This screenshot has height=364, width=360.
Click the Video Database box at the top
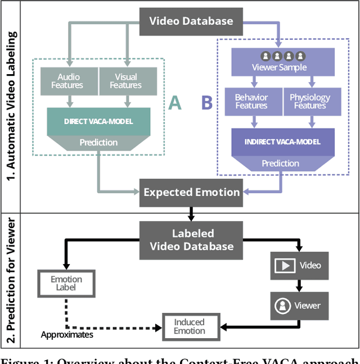coord(191,22)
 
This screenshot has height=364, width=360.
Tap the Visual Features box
coord(125,81)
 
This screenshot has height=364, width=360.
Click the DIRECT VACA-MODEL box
coord(98,121)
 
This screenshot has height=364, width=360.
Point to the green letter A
coord(175,103)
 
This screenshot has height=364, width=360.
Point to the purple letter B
coord(207,103)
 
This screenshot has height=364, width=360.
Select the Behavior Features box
coord(251,102)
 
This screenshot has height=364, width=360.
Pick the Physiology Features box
coord(309,102)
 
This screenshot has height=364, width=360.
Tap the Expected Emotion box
coord(191,192)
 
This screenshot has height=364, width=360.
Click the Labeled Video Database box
coord(191,239)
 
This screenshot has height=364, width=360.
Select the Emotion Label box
coord(66,284)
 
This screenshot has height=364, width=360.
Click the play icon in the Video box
coord(285,266)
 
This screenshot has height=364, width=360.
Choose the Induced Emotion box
coord(189,326)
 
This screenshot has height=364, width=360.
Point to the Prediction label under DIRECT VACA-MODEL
coord(98,143)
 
